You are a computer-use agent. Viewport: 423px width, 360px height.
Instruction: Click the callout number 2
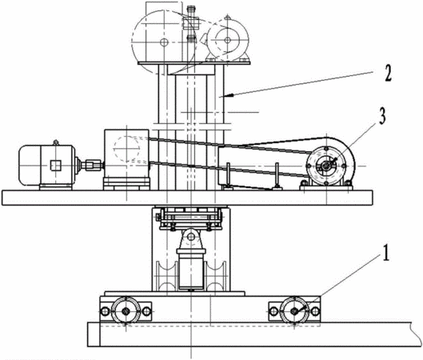click(x=388, y=74)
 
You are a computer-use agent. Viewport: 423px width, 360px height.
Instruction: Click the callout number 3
click(x=382, y=116)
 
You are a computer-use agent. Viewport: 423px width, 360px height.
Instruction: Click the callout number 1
click(x=386, y=253)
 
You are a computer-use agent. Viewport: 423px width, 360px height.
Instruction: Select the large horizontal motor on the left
click(x=46, y=166)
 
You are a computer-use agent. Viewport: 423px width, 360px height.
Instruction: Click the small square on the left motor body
click(x=56, y=165)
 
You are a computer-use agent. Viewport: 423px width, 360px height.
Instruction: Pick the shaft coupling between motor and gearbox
click(x=93, y=165)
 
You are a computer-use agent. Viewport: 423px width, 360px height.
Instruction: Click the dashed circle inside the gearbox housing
click(x=126, y=149)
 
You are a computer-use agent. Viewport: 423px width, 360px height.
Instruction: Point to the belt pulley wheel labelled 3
click(x=326, y=166)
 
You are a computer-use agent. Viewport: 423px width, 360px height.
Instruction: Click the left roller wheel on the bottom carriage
click(x=126, y=310)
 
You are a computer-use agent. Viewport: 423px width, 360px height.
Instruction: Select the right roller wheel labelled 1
click(x=294, y=311)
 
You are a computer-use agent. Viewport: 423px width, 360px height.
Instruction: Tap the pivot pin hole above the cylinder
click(x=191, y=237)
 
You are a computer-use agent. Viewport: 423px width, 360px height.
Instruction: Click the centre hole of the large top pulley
click(x=164, y=42)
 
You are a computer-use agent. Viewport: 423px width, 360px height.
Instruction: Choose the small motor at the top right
click(x=228, y=41)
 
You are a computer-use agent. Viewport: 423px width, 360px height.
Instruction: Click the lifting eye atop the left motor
click(x=55, y=142)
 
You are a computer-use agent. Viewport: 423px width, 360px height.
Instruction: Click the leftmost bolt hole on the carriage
click(x=105, y=311)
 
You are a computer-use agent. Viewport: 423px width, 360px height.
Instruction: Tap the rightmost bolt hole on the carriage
click(x=315, y=311)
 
